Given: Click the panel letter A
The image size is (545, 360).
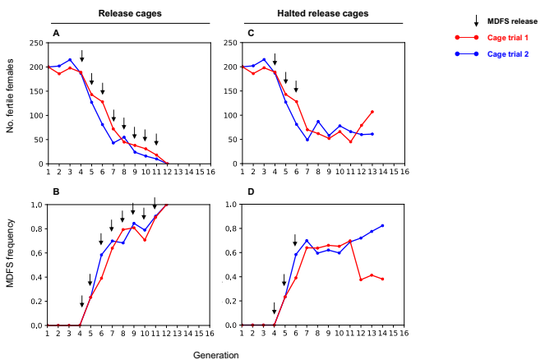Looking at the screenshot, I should (56, 33).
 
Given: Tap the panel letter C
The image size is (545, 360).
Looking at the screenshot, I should (251, 33).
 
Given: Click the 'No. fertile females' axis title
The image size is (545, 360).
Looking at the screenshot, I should (9, 103).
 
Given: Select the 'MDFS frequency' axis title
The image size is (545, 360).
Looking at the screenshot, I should (9, 265).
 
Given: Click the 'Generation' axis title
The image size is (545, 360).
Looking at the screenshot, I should (216, 355).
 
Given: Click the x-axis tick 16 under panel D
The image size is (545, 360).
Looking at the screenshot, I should (404, 332).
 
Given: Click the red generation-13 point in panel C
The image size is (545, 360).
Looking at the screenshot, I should (372, 112).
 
